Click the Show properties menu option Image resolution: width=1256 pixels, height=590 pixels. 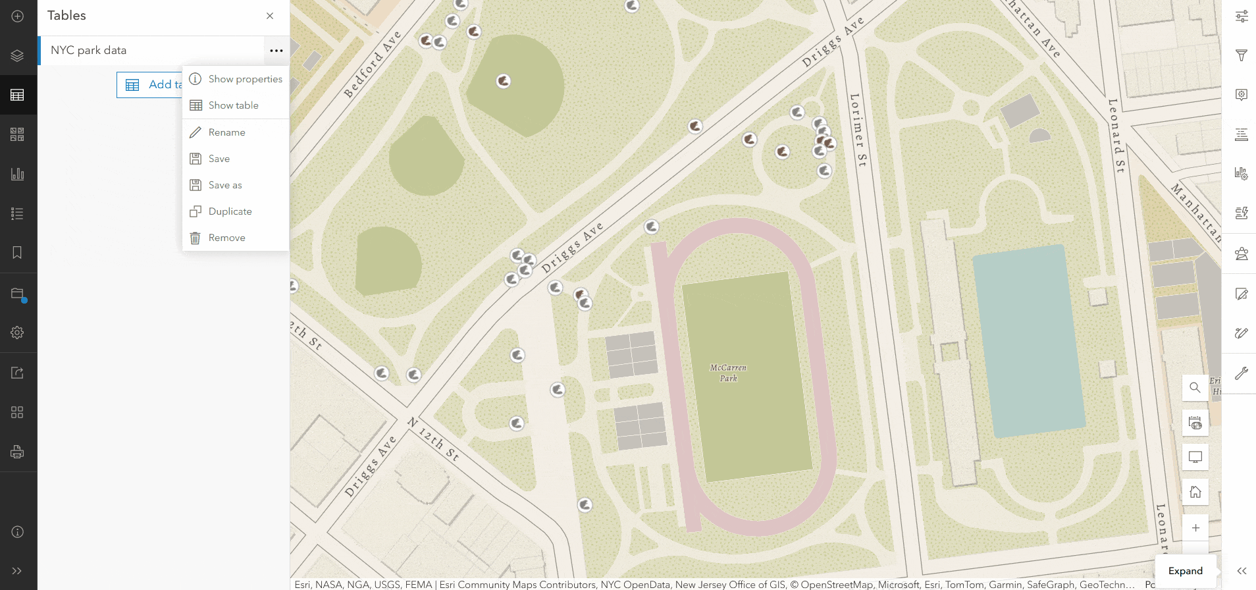[245, 79]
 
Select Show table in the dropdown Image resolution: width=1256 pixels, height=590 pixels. [233, 105]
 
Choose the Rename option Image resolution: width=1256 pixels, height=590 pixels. [226, 132]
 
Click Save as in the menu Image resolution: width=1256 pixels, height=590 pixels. [224, 185]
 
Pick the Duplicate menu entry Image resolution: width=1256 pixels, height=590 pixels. [230, 211]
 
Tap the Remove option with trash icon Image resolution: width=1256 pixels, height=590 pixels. [226, 238]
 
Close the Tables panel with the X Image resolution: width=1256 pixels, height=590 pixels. [270, 16]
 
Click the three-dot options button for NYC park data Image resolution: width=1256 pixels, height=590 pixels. [276, 51]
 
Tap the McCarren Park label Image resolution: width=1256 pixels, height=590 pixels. [728, 373]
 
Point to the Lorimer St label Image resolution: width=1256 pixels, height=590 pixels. [858, 129]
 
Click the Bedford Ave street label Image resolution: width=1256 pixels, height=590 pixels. [373, 64]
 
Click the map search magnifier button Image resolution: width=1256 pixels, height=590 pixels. [1195, 388]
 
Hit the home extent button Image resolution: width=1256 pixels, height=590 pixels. [1195, 492]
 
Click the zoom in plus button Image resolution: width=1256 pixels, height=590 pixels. [1195, 528]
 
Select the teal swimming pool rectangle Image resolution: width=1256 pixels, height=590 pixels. [1028, 341]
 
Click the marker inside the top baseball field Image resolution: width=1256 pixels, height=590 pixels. [504, 81]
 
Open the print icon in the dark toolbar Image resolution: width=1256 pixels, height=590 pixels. [18, 452]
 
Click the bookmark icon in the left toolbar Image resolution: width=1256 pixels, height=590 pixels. [18, 253]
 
